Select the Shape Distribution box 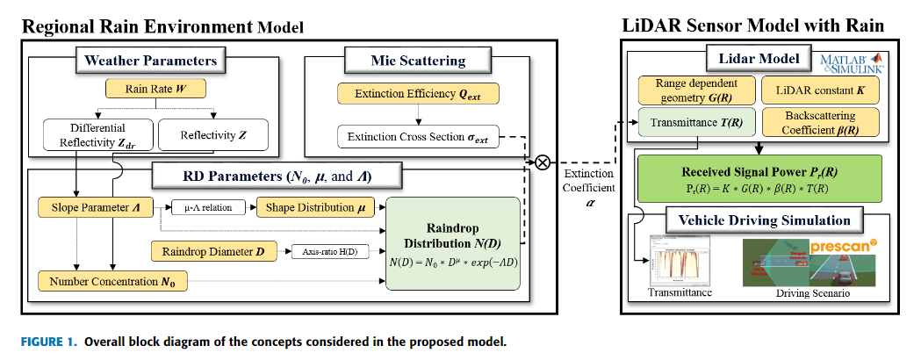[315, 207]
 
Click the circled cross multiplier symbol [543, 162]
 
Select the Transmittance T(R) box [693, 123]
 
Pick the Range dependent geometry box [693, 90]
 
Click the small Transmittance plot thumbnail [680, 259]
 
